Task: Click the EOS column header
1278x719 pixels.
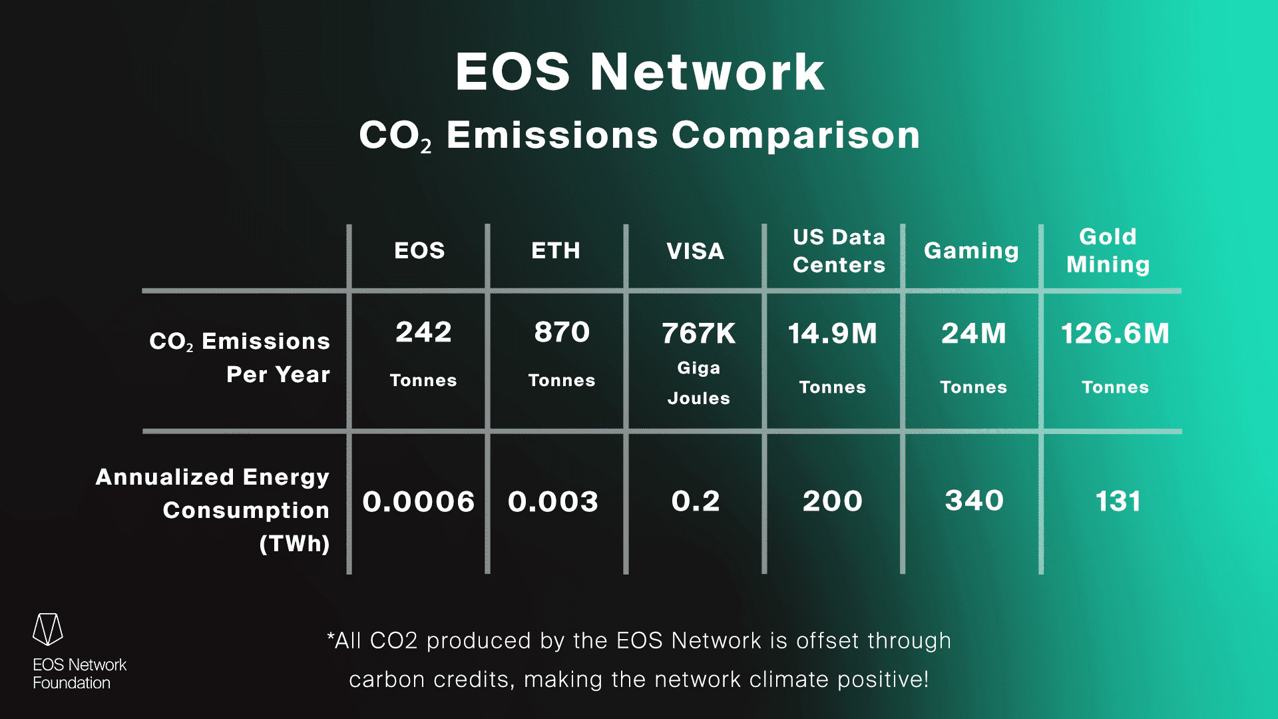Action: pyautogui.click(x=419, y=251)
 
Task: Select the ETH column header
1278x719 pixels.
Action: pyautogui.click(x=556, y=251)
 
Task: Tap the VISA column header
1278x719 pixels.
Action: pyautogui.click(x=695, y=252)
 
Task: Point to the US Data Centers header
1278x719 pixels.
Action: pyautogui.click(x=839, y=251)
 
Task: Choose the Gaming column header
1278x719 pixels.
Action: pyautogui.click(x=971, y=251)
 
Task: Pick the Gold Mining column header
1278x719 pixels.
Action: pyautogui.click(x=1108, y=251)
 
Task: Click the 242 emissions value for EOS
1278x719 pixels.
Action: pyautogui.click(x=423, y=332)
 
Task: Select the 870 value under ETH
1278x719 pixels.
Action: pyautogui.click(x=562, y=332)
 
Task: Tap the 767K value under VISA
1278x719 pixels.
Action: pyautogui.click(x=698, y=334)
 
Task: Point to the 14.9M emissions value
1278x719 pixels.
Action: pyautogui.click(x=832, y=334)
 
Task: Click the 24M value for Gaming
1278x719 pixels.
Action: pyautogui.click(x=973, y=334)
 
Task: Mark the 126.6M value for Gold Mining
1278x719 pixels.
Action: pyautogui.click(x=1115, y=334)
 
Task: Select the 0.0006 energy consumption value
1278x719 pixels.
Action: pyautogui.click(x=418, y=502)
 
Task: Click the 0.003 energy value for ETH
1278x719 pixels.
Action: pyautogui.click(x=552, y=502)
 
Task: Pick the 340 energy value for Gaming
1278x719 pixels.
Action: pyautogui.click(x=974, y=501)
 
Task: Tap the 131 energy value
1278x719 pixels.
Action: pyautogui.click(x=1118, y=501)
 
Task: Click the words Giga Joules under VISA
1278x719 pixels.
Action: pyautogui.click(x=698, y=383)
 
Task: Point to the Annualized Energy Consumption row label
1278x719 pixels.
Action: pyautogui.click(x=213, y=510)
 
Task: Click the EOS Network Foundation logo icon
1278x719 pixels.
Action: pyautogui.click(x=48, y=629)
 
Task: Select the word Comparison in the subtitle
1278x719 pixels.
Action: pyautogui.click(x=796, y=135)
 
